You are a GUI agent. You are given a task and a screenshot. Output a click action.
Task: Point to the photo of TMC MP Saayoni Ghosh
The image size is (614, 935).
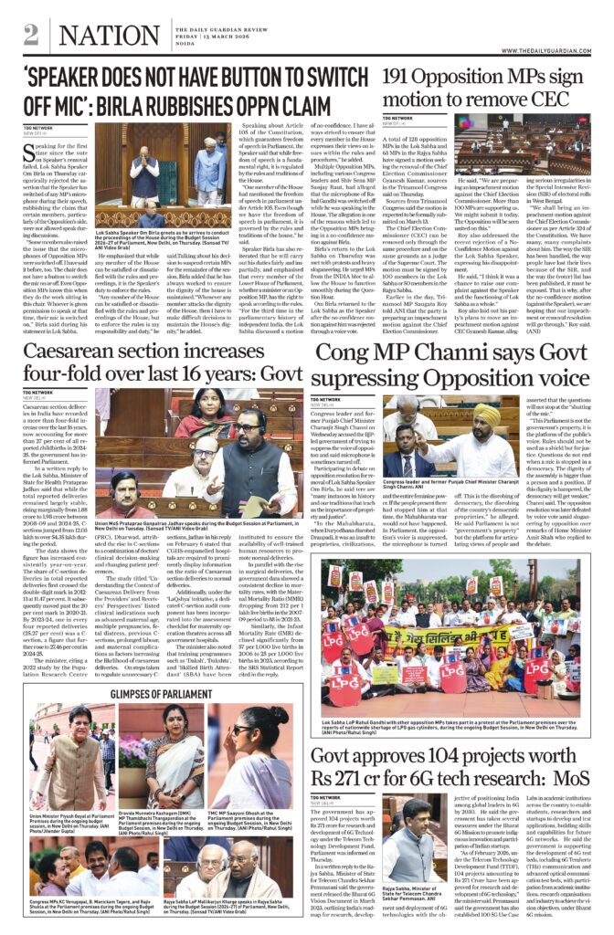(249, 762)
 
